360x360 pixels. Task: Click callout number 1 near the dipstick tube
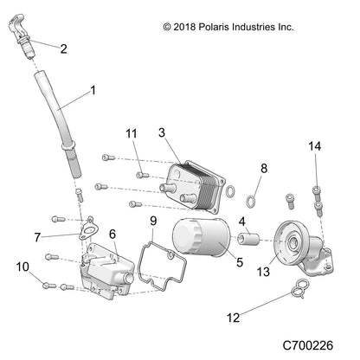click(x=93, y=90)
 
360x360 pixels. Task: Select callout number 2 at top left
click(x=62, y=48)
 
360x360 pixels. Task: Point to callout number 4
click(x=243, y=222)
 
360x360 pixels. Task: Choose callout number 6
click(x=112, y=234)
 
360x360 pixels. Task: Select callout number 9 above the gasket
click(x=153, y=222)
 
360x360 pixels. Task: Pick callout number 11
click(x=131, y=132)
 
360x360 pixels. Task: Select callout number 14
click(x=315, y=147)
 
